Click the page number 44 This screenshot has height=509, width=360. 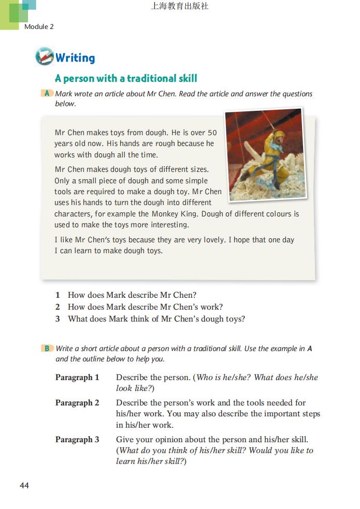click(24, 485)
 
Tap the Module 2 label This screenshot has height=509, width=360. click(39, 26)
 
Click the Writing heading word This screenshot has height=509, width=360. click(75, 57)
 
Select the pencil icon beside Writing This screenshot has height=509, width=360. click(44, 56)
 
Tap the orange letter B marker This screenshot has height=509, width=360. click(47, 348)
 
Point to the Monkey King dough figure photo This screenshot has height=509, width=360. click(265, 154)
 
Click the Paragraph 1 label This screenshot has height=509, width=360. click(77, 377)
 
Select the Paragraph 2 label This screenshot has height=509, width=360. click(77, 402)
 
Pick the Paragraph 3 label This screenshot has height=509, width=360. click(77, 440)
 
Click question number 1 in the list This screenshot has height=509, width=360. click(57, 295)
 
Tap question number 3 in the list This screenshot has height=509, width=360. click(57, 319)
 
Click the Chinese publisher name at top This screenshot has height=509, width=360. click(180, 7)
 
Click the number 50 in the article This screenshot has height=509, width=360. click(211, 133)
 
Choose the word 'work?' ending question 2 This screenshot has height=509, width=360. click(211, 307)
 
